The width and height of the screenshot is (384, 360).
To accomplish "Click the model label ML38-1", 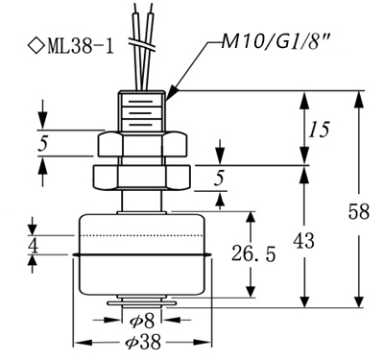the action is [81, 46].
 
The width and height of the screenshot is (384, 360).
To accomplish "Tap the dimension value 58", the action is [359, 211].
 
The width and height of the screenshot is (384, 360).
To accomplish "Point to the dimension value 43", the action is [303, 241].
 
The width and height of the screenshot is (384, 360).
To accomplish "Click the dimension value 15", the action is [319, 130].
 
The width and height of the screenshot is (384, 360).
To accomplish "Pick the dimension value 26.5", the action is [253, 253].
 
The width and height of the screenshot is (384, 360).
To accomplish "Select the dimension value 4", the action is [33, 246].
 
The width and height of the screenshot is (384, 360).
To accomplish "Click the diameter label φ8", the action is [143, 321].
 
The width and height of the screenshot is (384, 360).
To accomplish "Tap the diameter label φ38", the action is [143, 343].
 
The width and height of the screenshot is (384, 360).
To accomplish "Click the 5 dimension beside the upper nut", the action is [42, 143].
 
